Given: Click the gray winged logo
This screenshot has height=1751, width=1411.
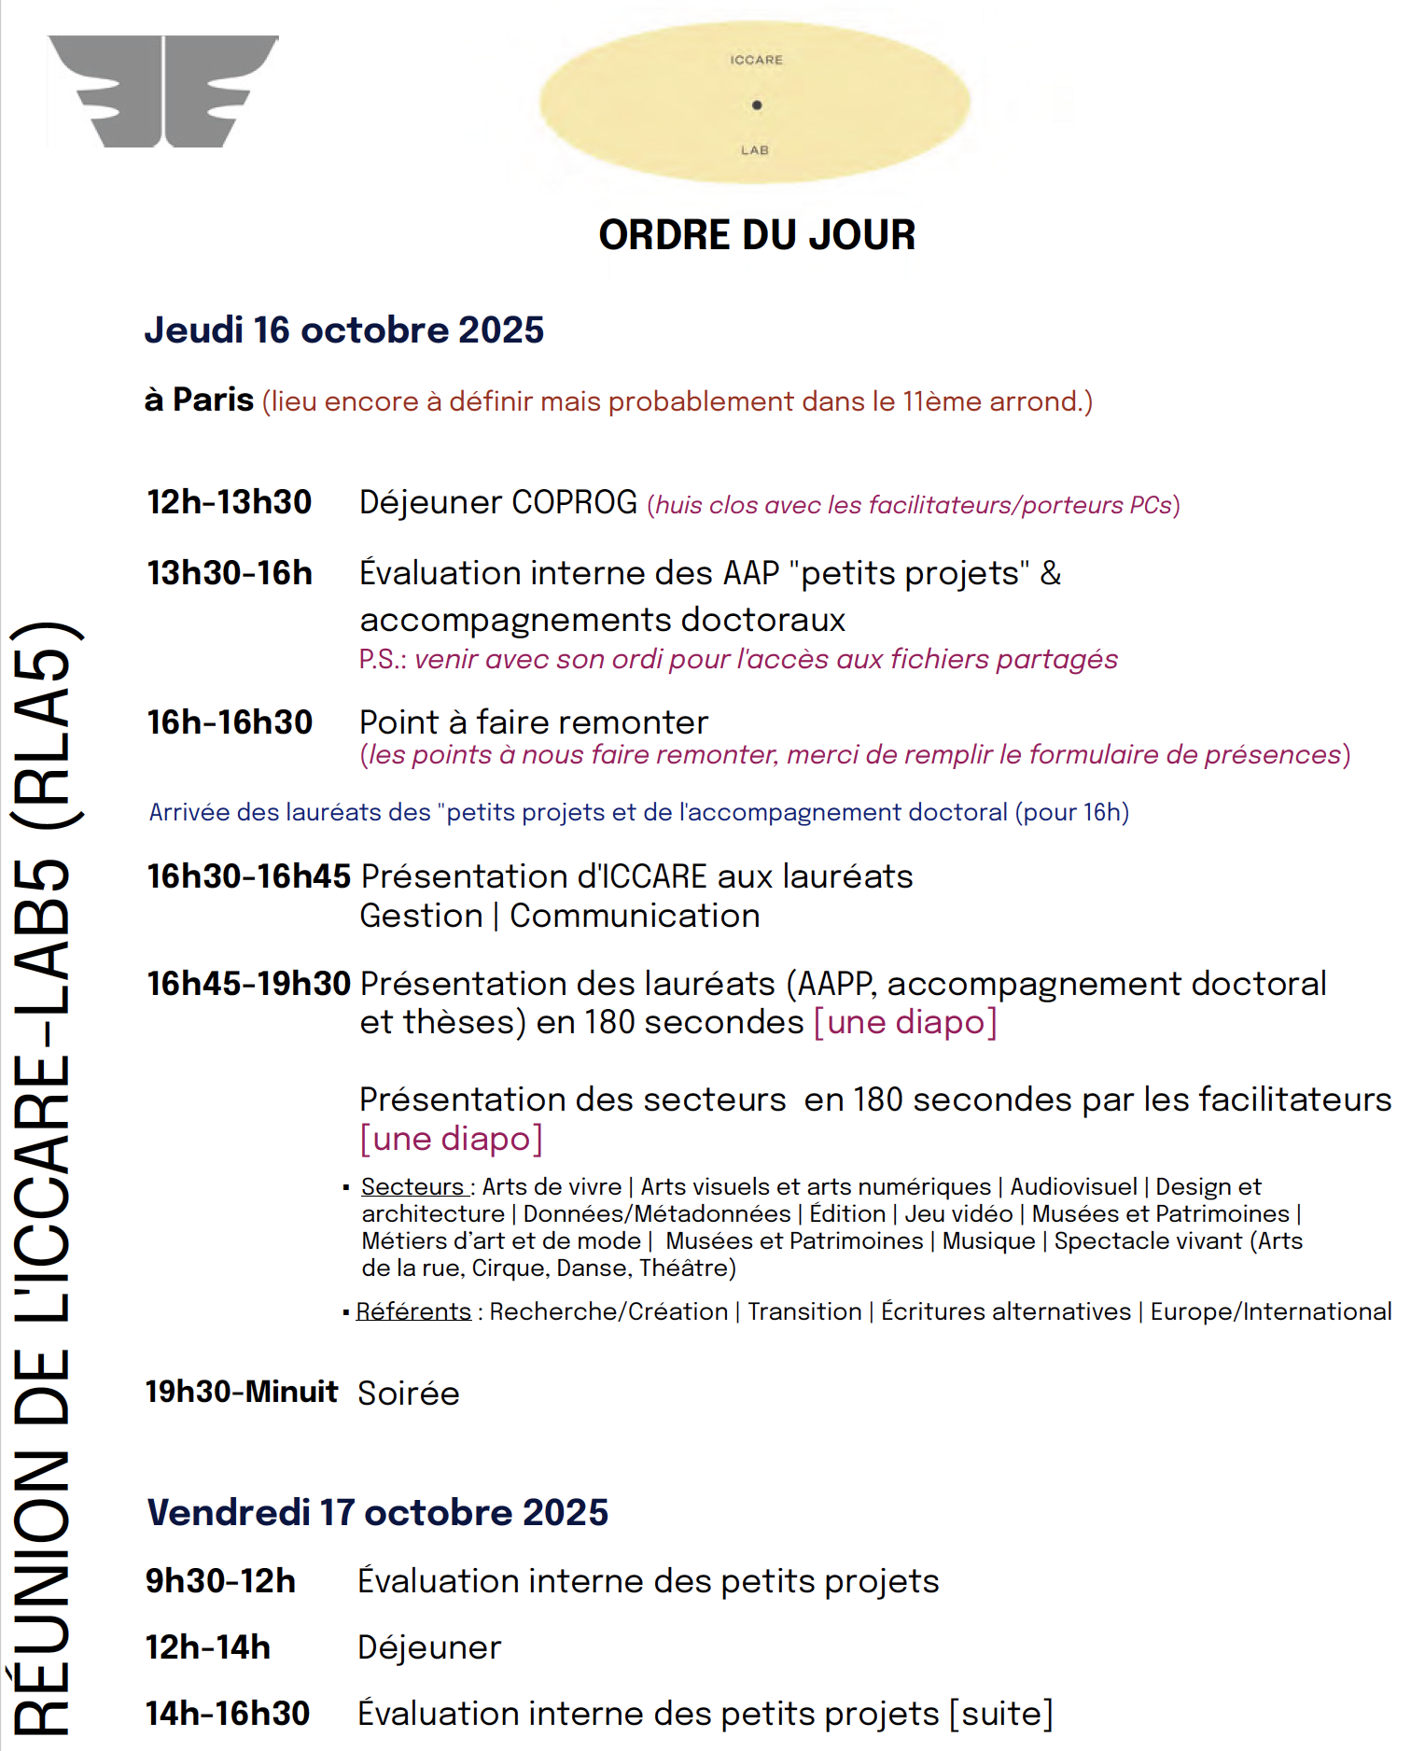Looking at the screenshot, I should point(163,91).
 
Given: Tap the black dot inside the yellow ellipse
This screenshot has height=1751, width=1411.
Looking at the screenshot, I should point(757,105).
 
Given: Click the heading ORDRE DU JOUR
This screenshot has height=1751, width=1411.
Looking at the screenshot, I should point(757,235).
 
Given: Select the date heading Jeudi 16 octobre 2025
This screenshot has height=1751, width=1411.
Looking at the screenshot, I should point(343,330).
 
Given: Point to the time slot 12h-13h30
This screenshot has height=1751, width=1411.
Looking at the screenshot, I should point(229,502).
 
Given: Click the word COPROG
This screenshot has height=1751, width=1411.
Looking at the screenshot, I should point(574,502).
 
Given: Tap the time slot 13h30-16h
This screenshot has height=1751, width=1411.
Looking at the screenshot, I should point(229,573).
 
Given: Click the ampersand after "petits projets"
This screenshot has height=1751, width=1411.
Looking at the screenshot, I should point(1051,573).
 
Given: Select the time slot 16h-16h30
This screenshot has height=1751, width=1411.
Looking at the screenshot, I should point(229,722).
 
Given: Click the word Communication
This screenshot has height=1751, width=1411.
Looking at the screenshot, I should point(635,916).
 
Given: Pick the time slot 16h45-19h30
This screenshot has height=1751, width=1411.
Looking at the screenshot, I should point(248,983).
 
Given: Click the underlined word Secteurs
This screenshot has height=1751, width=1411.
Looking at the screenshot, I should point(412,1186).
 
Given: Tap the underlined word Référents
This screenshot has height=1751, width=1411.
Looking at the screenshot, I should point(413,1311).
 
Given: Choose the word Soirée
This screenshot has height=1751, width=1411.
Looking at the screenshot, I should point(409,1394).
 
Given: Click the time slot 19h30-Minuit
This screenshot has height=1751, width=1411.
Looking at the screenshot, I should point(241,1392).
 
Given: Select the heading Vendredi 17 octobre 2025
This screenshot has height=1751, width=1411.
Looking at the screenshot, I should point(377,1512).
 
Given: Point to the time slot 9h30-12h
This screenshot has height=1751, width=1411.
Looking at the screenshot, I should point(220,1581).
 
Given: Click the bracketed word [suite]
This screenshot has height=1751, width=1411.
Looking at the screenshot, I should point(1001,1714).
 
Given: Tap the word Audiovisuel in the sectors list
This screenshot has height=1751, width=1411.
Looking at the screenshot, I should point(1073,1186).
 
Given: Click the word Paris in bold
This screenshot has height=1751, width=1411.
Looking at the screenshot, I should point(213,399).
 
